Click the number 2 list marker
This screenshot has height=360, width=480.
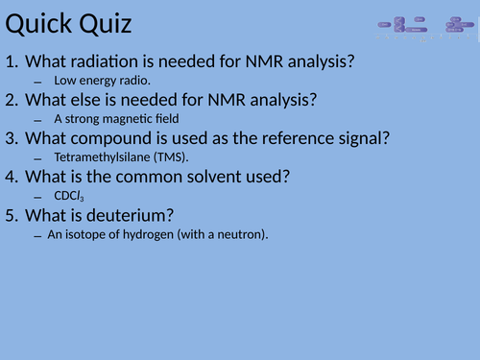pyautogui.click(x=12, y=100)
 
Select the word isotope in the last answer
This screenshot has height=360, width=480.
pyautogui.click(x=82, y=234)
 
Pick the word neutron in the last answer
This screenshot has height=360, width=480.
pyautogui.click(x=238, y=234)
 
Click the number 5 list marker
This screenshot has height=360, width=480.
pyautogui.click(x=12, y=215)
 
